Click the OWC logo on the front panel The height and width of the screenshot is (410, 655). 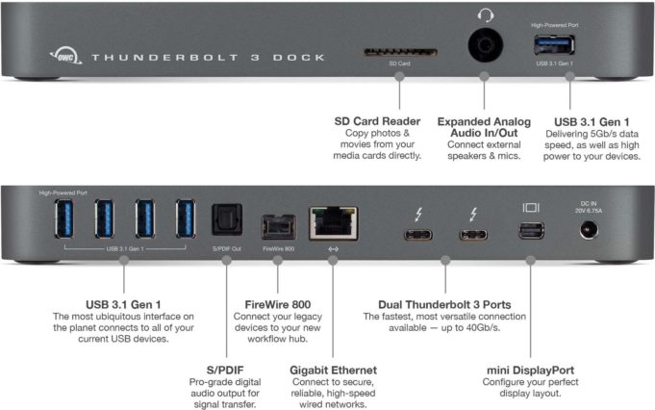click(x=63, y=57)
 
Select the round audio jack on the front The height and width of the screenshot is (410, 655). click(x=485, y=45)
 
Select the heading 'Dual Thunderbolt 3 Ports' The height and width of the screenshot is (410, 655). click(x=444, y=305)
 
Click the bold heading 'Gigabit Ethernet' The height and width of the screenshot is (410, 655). click(x=333, y=369)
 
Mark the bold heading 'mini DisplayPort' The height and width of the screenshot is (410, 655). click(x=530, y=369)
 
